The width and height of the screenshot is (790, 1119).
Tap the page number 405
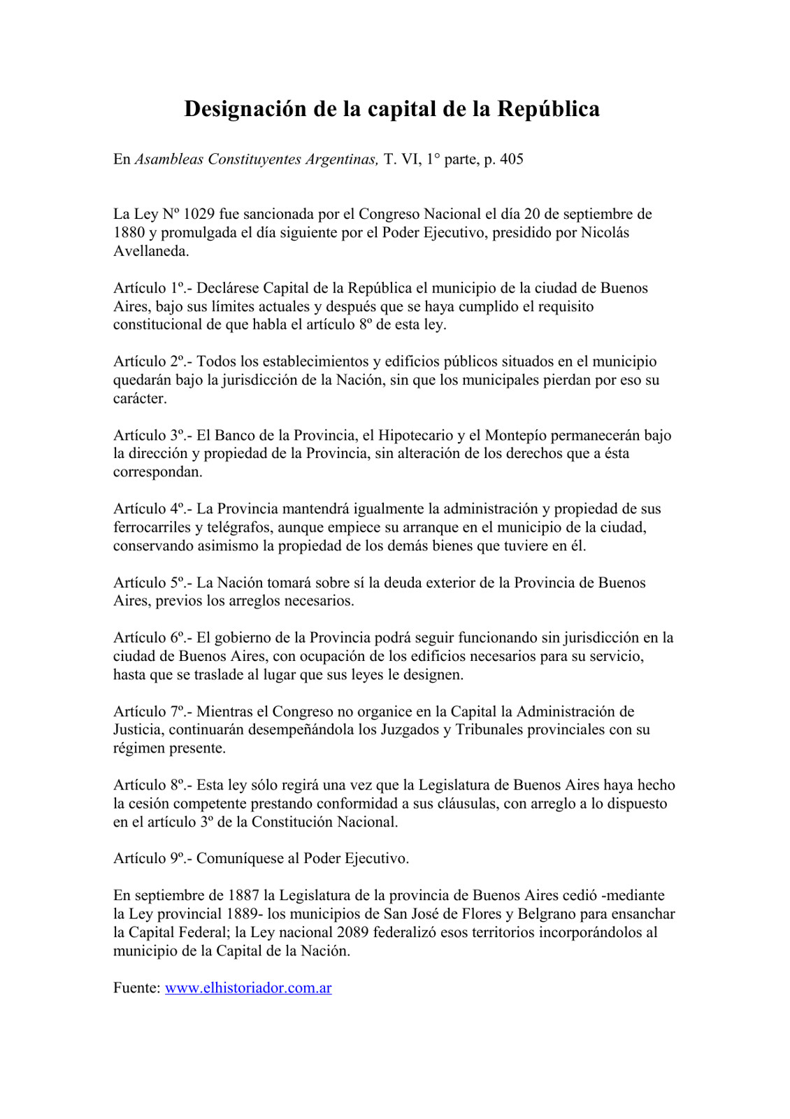[x=511, y=159]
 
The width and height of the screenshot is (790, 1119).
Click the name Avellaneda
[x=151, y=251]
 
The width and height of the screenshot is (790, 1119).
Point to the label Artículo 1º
[x=151, y=288]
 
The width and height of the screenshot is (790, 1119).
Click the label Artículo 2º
[x=151, y=362]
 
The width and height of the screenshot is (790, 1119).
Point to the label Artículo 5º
[x=151, y=583]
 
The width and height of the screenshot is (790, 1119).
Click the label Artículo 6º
[x=151, y=638]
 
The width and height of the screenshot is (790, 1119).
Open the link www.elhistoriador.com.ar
[x=248, y=988]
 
